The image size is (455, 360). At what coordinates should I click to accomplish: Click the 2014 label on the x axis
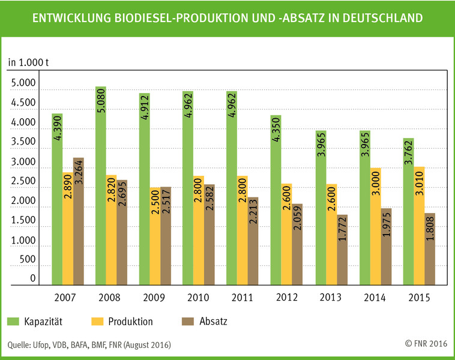click(375, 298)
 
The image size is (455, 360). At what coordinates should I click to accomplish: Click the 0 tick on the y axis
click(33, 279)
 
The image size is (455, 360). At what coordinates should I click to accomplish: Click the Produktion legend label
click(130, 322)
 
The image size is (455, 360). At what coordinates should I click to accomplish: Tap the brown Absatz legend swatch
click(187, 322)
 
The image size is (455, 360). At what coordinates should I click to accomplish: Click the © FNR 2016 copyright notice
click(426, 344)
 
